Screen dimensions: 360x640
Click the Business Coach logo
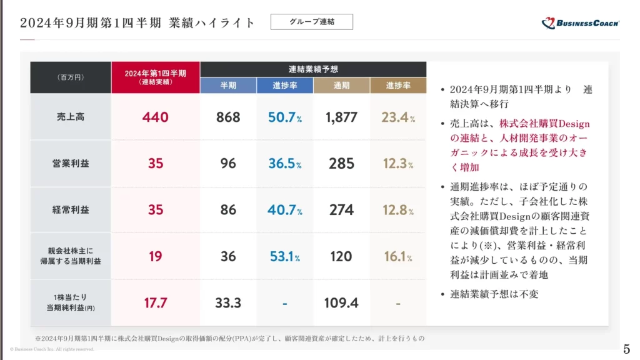[580, 23]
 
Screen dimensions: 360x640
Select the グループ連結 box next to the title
[312, 22]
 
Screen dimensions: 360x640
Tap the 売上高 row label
[71, 117]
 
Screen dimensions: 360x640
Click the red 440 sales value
[156, 117]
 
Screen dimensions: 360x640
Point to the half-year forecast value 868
[228, 117]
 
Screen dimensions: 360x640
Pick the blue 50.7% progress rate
[284, 117]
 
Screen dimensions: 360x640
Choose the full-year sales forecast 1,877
[341, 117]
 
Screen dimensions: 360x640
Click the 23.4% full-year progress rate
[398, 117]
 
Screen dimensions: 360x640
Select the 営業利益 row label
[71, 164]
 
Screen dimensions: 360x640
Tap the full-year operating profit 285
[341, 164]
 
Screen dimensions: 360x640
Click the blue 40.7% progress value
[284, 210]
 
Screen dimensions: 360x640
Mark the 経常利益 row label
[71, 210]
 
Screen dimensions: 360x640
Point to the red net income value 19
[156, 256]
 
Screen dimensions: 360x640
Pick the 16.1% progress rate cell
[398, 256]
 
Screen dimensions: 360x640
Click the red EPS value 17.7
[156, 303]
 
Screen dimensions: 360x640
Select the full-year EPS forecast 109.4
[341, 303]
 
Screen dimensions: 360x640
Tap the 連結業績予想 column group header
[313, 69]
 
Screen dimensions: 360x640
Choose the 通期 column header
[341, 86]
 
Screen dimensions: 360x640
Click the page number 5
[627, 348]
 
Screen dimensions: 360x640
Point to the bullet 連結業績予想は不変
[494, 294]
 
